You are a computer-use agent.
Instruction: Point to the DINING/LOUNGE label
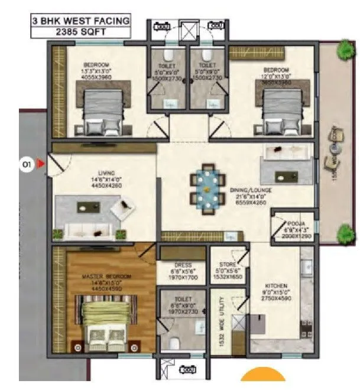coord(250,191)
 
